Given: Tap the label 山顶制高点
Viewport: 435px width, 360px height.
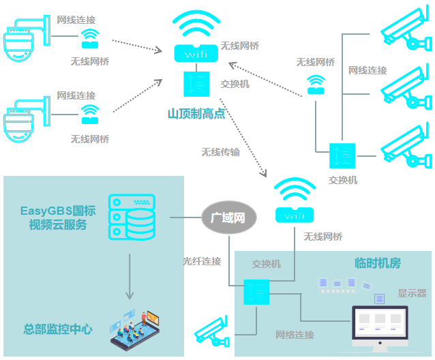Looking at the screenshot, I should pyautogui.click(x=196, y=114).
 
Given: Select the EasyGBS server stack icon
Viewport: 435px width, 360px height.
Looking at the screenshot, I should pyautogui.click(x=132, y=218).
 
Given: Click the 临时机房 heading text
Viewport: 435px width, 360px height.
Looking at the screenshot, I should pyautogui.click(x=377, y=263).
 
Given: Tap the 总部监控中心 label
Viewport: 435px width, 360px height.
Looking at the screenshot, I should pyautogui.click(x=57, y=329).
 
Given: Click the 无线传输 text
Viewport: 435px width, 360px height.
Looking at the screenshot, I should pyautogui.click(x=220, y=152).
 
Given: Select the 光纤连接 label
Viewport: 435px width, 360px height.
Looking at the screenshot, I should pyautogui.click(x=202, y=261).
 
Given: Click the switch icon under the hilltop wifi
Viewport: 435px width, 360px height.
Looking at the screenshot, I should pyautogui.click(x=196, y=83).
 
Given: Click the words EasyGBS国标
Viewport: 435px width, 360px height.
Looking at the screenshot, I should pyautogui.click(x=58, y=211).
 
